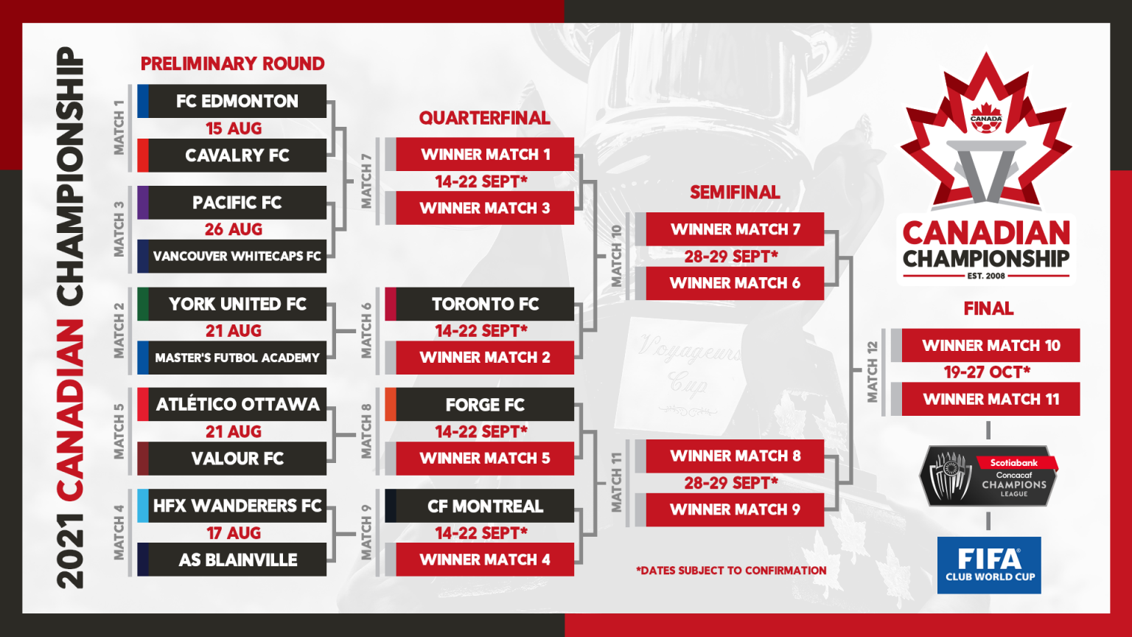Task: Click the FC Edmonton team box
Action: coord(232,101)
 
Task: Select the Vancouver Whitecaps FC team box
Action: coord(232,257)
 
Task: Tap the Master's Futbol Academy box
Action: coord(232,358)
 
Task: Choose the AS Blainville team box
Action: coord(232,560)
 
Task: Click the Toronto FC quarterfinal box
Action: coord(480,304)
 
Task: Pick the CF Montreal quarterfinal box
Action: coord(480,506)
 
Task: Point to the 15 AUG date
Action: coord(234,128)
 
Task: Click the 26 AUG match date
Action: coord(234,229)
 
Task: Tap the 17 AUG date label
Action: coord(234,533)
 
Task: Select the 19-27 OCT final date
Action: coord(987,372)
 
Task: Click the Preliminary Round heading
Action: coord(232,63)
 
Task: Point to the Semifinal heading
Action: coord(735,192)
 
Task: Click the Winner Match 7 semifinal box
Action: coord(730,229)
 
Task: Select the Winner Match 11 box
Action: coord(985,399)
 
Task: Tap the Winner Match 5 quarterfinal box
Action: coord(480,458)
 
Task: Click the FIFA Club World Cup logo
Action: coord(989,565)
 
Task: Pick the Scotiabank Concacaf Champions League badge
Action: coord(988,476)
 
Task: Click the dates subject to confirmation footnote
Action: coord(731,571)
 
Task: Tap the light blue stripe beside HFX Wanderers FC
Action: coord(143,506)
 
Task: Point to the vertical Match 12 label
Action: coord(873,372)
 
